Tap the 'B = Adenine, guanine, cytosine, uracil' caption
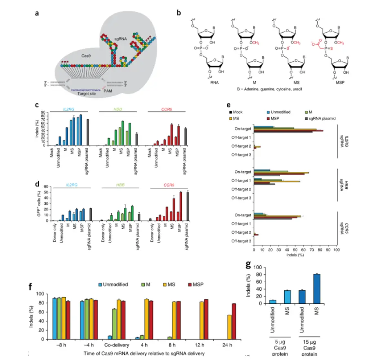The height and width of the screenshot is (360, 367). (265, 89)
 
